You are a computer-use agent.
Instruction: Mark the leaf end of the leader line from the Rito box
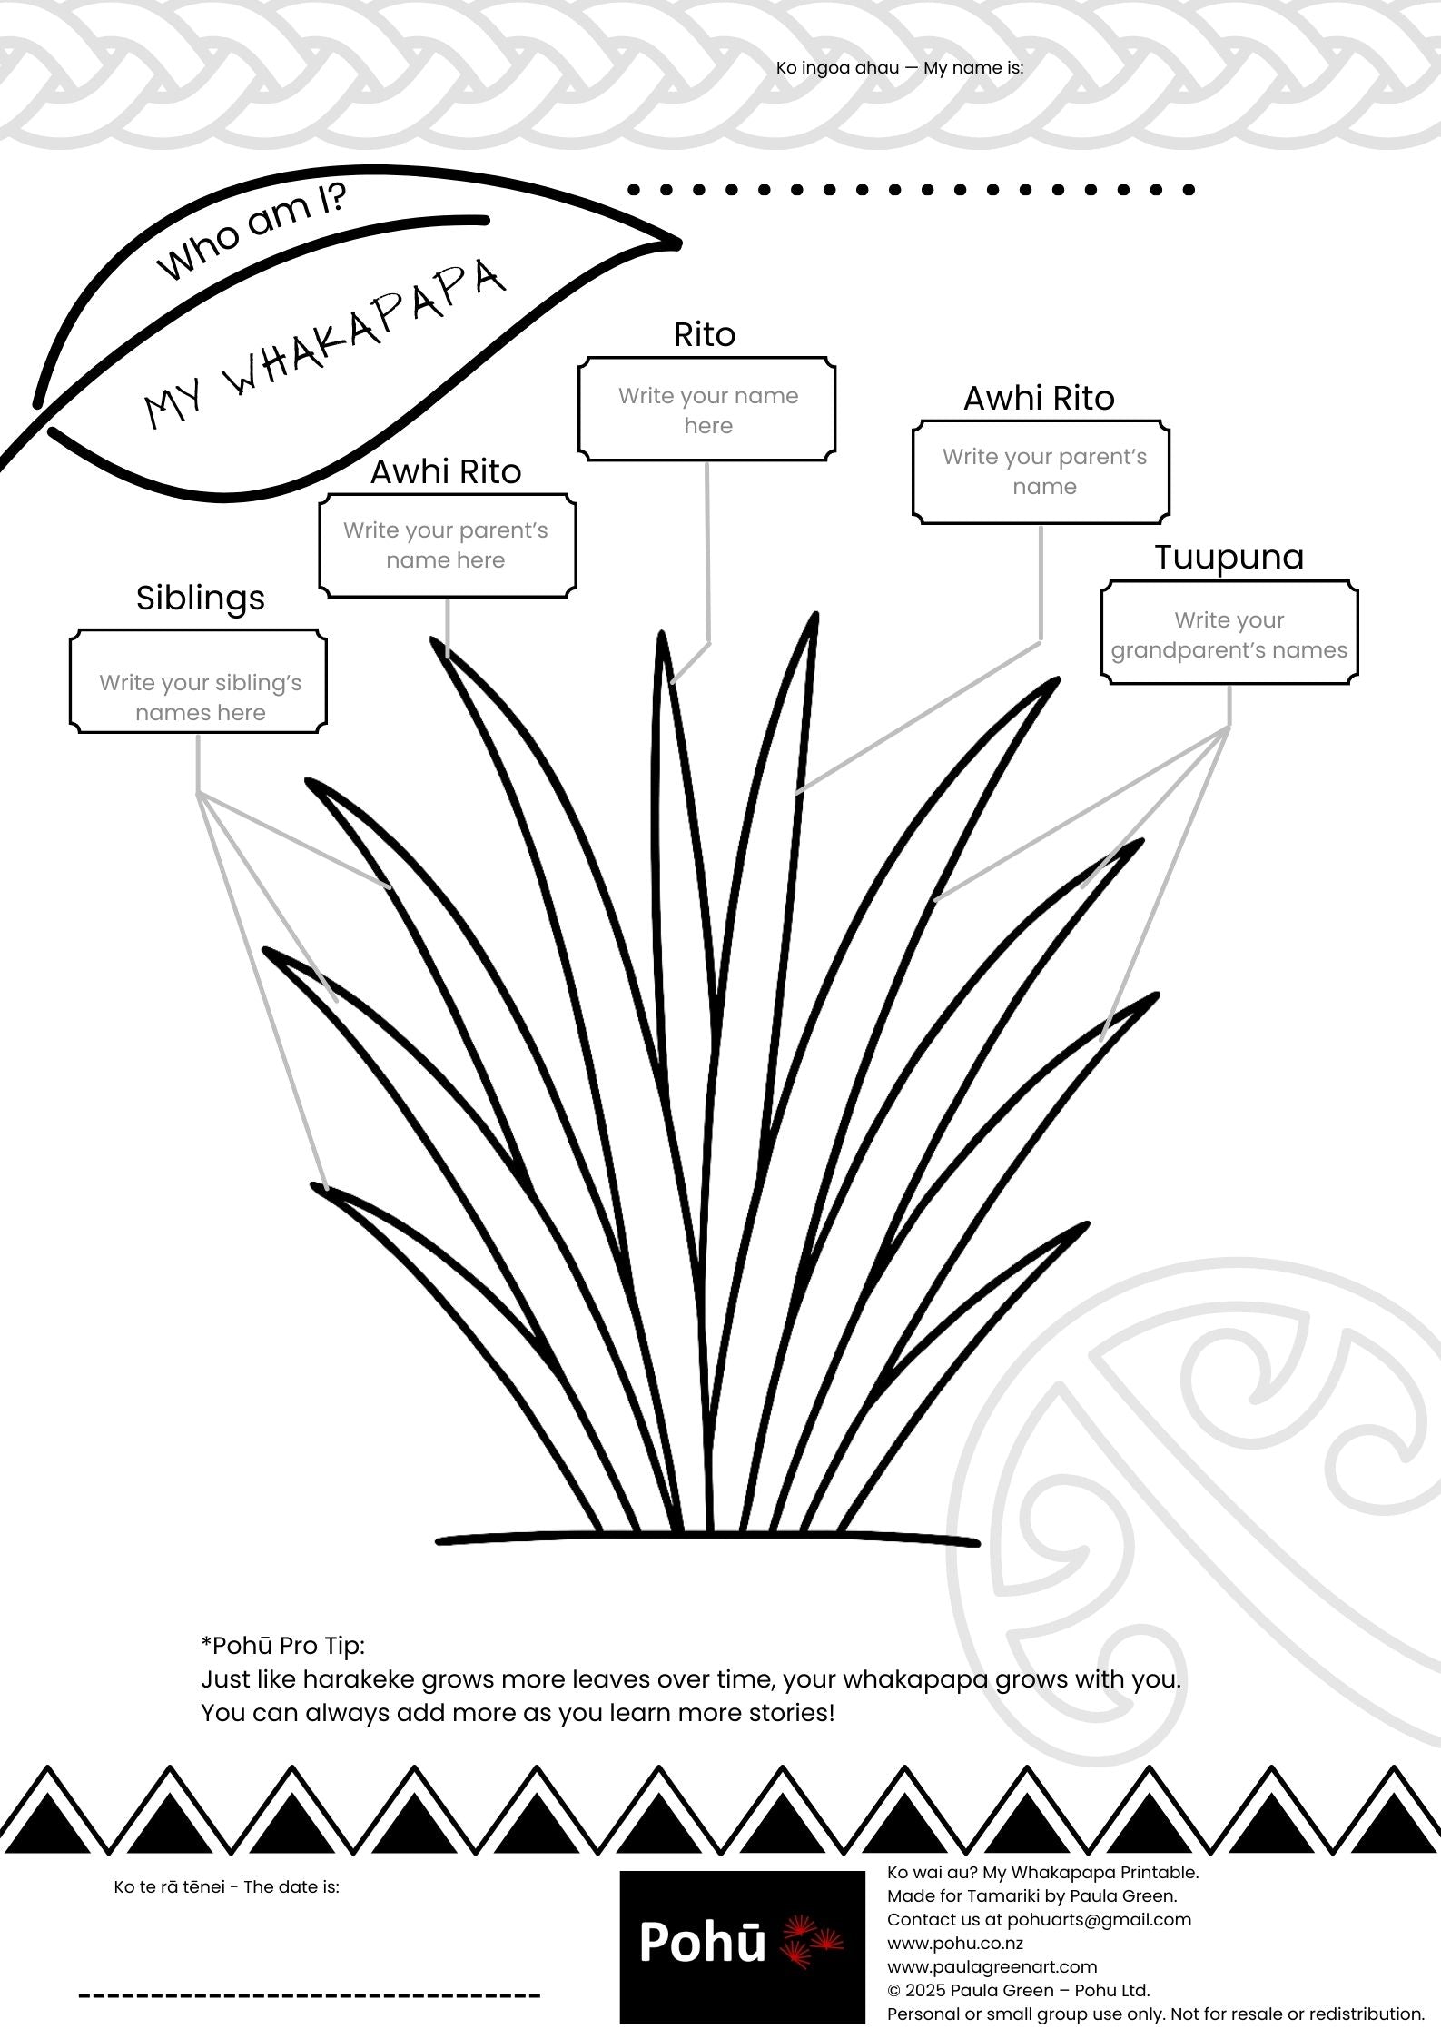671,680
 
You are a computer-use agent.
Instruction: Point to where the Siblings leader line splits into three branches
198,793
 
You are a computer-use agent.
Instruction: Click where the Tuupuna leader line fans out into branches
1229,728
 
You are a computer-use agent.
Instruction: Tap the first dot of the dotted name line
634,190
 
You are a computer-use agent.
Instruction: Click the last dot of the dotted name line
1189,190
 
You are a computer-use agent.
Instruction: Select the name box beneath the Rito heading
706,410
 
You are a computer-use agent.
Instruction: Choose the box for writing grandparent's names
1229,634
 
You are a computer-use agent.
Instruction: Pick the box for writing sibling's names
198,681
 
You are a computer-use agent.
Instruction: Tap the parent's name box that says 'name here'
447,546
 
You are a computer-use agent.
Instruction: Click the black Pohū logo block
742,1945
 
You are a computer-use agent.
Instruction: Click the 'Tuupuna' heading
1229,557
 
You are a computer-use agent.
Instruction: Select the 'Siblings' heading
201,598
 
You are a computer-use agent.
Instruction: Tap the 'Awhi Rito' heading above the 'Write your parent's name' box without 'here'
1039,398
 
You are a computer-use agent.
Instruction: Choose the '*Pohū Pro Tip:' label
282,1646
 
